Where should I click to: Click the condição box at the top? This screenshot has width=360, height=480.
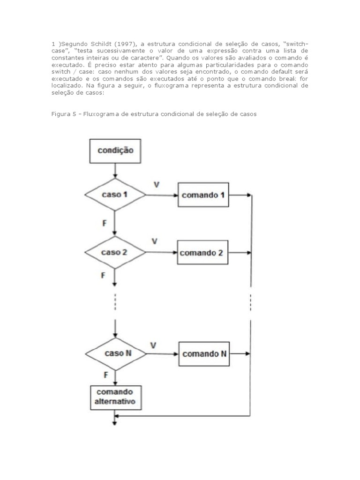[115, 150]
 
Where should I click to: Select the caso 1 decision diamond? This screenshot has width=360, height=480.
[115, 194]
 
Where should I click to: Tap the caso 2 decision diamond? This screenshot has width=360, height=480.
[114, 252]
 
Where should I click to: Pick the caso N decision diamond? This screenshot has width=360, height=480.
[115, 353]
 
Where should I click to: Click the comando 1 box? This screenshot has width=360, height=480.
[203, 195]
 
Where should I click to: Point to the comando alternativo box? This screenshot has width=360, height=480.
[115, 396]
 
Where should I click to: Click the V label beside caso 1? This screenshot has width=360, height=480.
[157, 185]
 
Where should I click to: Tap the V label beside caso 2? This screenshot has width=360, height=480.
[154, 241]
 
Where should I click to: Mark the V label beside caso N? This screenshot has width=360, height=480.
[153, 345]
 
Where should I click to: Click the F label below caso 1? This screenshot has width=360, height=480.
[105, 223]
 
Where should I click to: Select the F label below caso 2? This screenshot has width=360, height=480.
[103, 275]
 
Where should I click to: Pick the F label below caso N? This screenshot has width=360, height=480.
[106, 375]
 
